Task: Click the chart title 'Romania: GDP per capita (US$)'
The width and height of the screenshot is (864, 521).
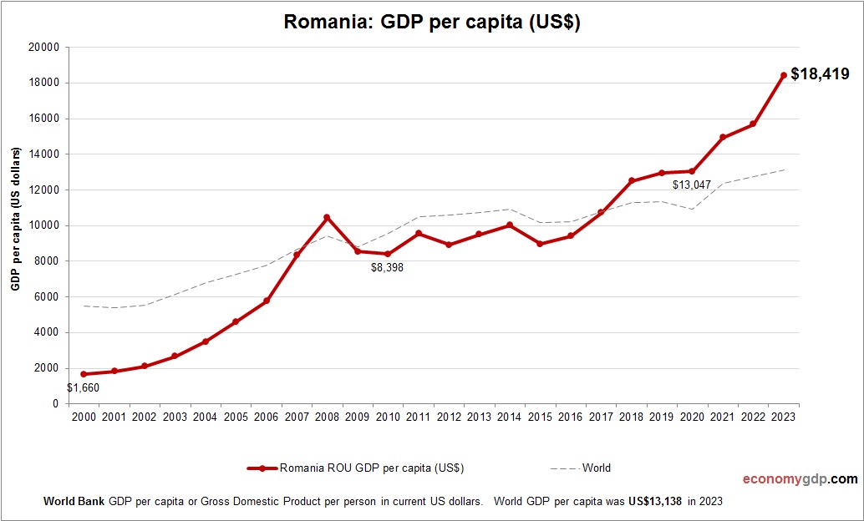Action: [x=432, y=22]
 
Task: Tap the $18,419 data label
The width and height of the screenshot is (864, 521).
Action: [x=820, y=74]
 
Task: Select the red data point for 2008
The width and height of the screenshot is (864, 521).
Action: [x=327, y=217]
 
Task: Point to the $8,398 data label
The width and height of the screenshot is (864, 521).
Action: [x=387, y=268]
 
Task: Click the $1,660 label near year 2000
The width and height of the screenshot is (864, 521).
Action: [x=83, y=387]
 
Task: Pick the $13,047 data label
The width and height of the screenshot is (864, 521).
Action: [x=691, y=185]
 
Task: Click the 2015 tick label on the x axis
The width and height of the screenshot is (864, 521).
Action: [x=540, y=417]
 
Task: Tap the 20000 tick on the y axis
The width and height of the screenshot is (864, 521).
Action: [x=44, y=48]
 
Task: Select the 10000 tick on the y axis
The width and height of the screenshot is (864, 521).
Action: [x=44, y=225]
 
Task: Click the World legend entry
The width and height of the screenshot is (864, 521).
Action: [x=596, y=468]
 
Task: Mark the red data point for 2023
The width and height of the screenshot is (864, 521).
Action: [x=783, y=75]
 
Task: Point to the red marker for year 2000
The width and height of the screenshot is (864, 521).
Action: [x=84, y=374]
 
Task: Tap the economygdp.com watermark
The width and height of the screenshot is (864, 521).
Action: [x=800, y=479]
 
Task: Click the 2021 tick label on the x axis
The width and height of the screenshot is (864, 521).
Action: [x=722, y=417]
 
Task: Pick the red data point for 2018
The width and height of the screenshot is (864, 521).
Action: [x=631, y=181]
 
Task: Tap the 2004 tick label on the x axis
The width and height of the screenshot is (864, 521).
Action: [x=205, y=417]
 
